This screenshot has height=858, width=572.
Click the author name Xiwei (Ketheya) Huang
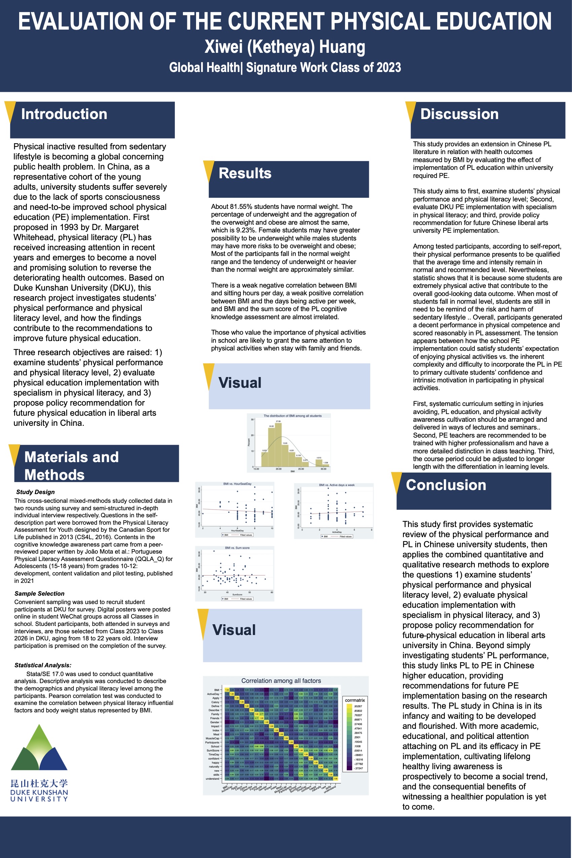[x=284, y=47]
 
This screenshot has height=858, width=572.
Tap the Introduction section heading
[x=64, y=114]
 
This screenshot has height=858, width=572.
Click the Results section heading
[x=245, y=173]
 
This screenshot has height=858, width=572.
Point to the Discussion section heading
[x=459, y=114]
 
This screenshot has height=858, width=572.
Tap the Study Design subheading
[x=35, y=492]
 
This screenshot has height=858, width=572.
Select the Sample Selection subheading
[x=39, y=594]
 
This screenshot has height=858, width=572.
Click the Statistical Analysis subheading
[x=43, y=665]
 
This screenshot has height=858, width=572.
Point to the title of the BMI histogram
[x=293, y=416]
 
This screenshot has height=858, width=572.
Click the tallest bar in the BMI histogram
[x=278, y=445]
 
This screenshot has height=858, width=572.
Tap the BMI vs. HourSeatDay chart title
[x=237, y=484]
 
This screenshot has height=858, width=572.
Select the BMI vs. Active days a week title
[x=337, y=485]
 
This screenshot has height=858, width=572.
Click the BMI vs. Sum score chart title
[x=237, y=548]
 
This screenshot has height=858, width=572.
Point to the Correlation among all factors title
[x=281, y=681]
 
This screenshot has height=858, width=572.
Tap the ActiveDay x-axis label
[x=337, y=532]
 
